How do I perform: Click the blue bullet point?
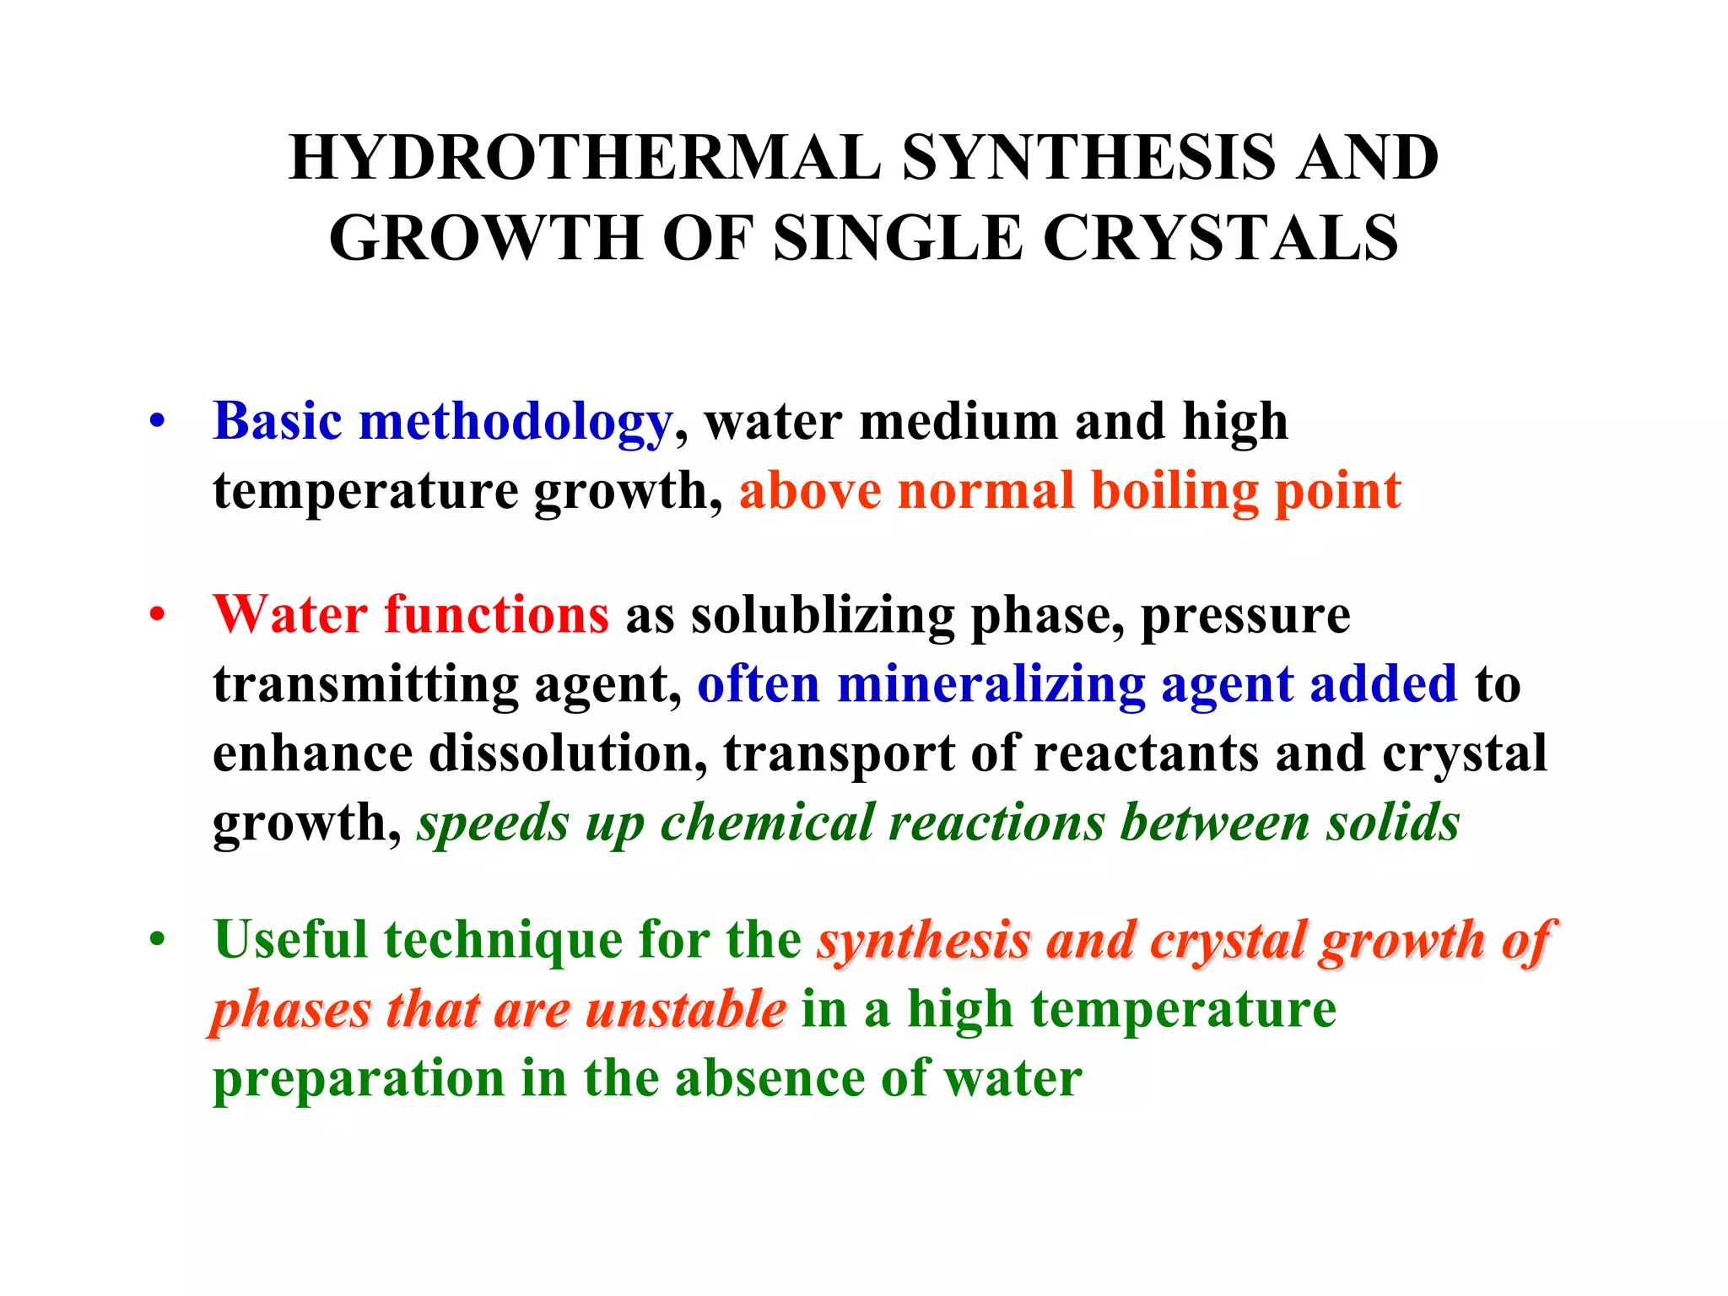[157, 420]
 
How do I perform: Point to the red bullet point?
[157, 613]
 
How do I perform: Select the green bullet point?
[157, 938]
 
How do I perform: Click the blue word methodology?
[515, 422]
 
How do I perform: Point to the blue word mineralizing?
[991, 683]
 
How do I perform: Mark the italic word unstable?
[685, 1009]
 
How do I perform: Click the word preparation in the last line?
[359, 1078]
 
